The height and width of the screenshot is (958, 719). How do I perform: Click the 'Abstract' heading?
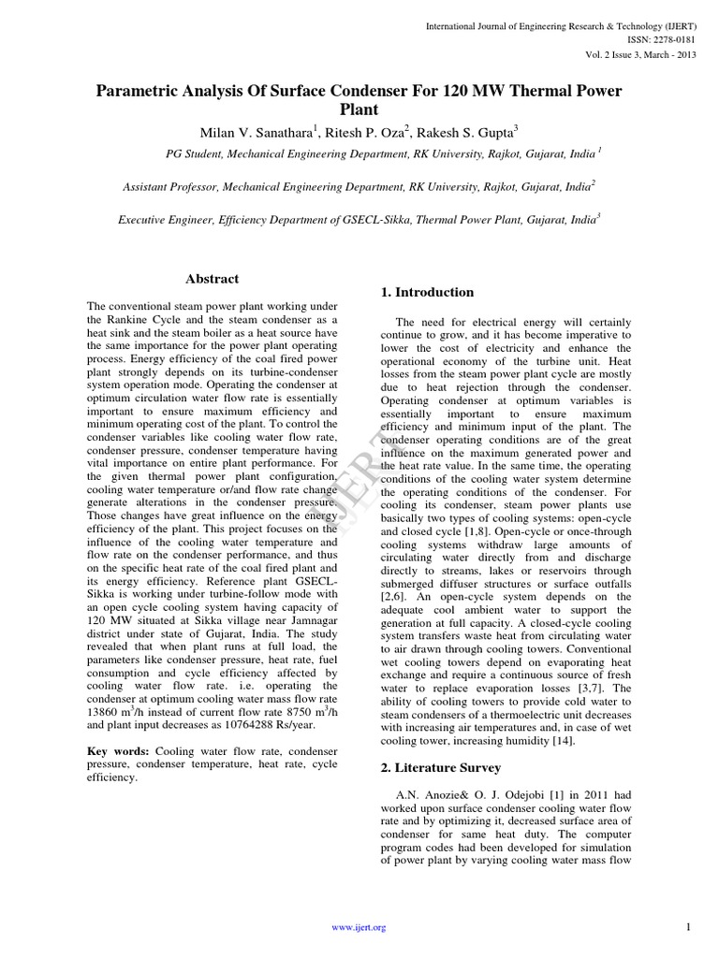(x=212, y=279)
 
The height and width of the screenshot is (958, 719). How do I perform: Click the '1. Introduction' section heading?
(x=427, y=293)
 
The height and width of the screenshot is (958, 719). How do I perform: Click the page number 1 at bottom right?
(x=687, y=927)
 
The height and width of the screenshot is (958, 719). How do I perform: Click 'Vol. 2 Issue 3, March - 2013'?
(x=641, y=55)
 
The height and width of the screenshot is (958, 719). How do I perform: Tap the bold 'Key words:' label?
(x=117, y=751)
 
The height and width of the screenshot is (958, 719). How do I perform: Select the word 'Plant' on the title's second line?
(x=359, y=109)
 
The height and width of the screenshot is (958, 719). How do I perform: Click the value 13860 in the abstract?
(x=105, y=711)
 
